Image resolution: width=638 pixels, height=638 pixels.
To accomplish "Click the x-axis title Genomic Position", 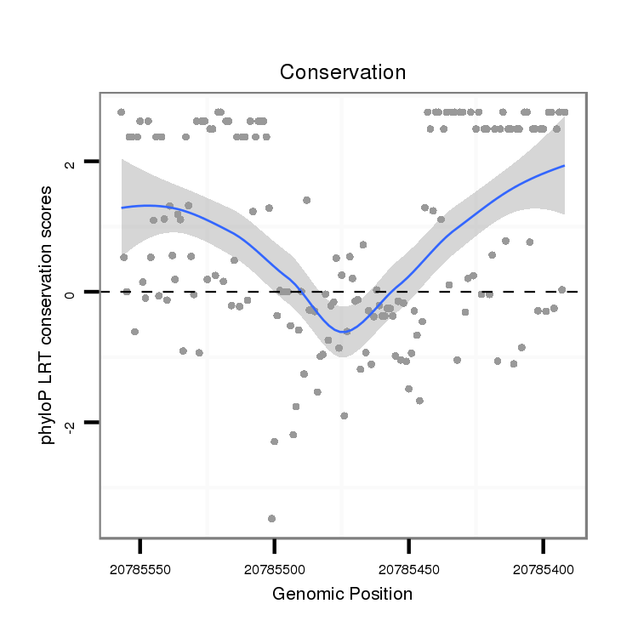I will click(343, 594).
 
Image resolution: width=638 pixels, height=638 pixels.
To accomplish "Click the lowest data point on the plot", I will click(271, 518).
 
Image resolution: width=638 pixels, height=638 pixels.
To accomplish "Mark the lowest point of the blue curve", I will click(343, 331).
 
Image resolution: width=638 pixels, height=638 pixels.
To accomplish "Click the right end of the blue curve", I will click(564, 166).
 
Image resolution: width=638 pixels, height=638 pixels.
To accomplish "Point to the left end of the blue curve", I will click(122, 208).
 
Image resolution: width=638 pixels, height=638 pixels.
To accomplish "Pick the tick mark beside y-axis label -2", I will click(92, 423).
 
